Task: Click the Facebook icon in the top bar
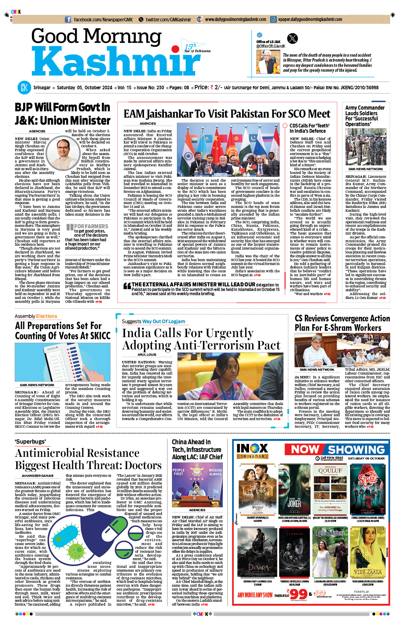pyautogui.click(x=68, y=20)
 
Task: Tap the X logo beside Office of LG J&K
pyautogui.click(x=292, y=38)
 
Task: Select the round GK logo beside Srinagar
pyautogui.click(x=24, y=88)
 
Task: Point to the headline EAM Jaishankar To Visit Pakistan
pyautogui.click(x=227, y=114)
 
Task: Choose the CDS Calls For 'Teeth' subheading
pyautogui.click(x=309, y=128)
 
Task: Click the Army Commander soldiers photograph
pyautogui.click(x=365, y=147)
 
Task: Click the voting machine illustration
pyautogui.click(x=63, y=362)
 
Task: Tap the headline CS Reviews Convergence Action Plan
pyautogui.click(x=342, y=323)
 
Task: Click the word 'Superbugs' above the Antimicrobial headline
pyautogui.click(x=30, y=442)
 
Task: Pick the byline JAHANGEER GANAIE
pyautogui.click(x=37, y=476)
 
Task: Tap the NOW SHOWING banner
pyautogui.click(x=338, y=450)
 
